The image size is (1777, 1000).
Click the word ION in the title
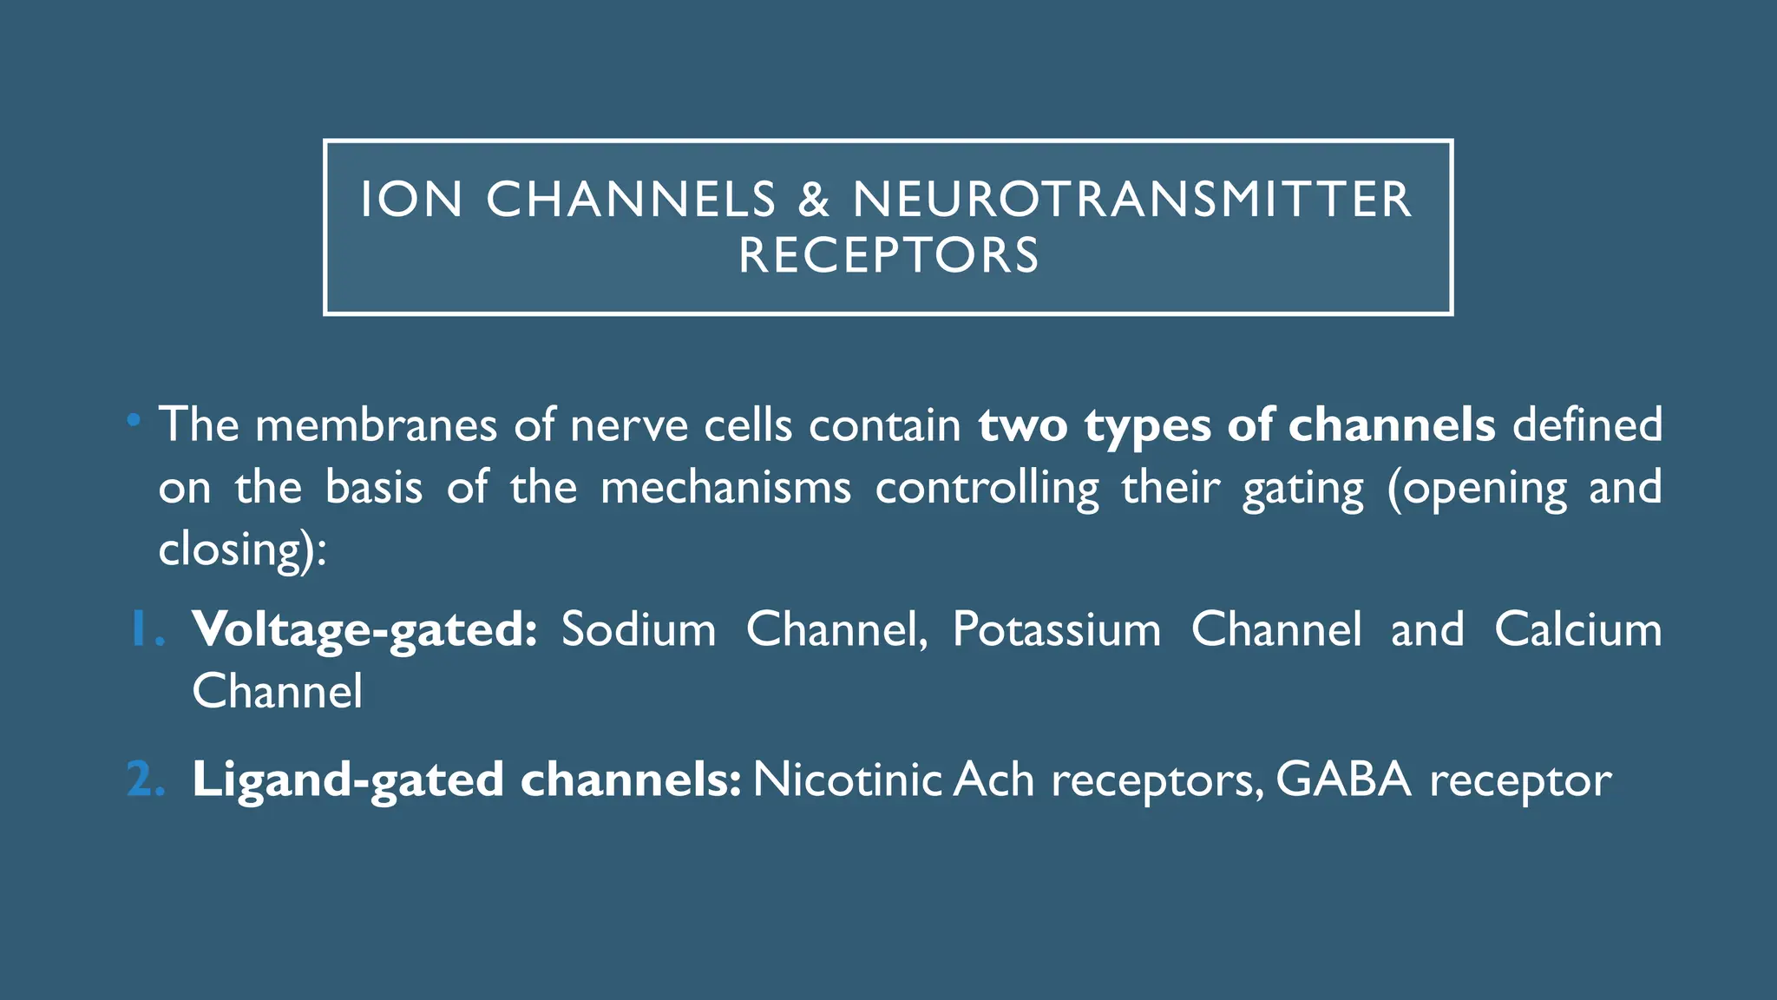pos(411,200)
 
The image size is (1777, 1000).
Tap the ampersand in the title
pos(813,200)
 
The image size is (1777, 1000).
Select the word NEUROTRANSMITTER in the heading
pos(1132,200)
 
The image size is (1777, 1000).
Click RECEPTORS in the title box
pos(888,255)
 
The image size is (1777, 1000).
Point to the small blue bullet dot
pos(133,421)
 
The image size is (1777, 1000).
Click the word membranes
pos(376,425)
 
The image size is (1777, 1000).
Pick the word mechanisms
pos(725,487)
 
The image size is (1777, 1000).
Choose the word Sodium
pos(639,629)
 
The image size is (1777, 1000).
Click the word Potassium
pos(1057,629)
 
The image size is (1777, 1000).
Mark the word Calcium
pos(1577,629)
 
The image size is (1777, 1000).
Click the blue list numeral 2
pos(144,779)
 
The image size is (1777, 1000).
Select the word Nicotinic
pos(847,779)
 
